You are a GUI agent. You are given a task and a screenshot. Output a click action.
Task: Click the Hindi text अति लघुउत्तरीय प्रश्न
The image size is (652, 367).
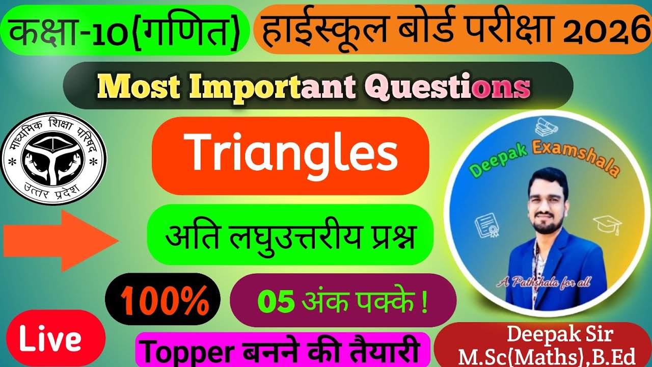point(290,236)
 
